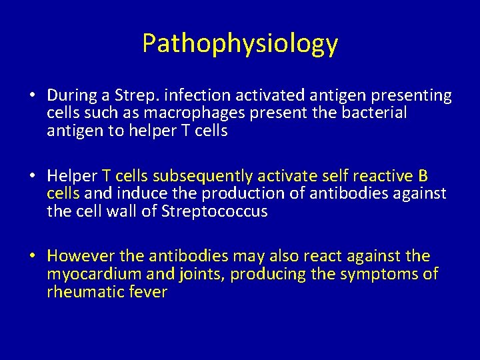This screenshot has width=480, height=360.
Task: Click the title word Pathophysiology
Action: tap(240, 44)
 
